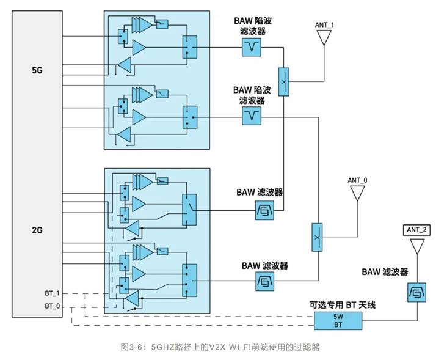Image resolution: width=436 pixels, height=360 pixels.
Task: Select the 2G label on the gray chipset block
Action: (37, 231)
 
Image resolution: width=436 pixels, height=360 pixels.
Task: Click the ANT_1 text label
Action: (324, 24)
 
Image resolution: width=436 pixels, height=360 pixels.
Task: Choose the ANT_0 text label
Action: (357, 180)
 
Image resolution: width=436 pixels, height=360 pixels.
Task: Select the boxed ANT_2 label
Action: (417, 230)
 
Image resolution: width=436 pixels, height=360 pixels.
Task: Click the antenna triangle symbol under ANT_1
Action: (324, 39)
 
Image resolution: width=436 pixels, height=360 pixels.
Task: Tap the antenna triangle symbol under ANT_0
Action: (357, 194)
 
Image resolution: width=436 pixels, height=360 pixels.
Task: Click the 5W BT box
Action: (338, 320)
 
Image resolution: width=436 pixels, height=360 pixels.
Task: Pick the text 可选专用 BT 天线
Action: (339, 304)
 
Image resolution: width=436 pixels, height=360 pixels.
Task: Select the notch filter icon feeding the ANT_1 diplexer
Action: (252, 47)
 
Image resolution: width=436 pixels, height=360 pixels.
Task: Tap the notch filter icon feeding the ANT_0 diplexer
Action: (252, 116)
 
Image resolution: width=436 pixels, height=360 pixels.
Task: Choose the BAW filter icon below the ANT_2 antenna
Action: (417, 293)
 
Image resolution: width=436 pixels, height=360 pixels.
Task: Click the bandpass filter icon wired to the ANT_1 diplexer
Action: (265, 211)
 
